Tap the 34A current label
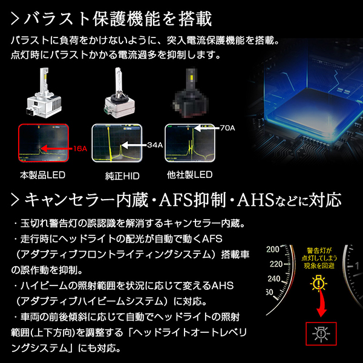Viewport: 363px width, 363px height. pyautogui.click(x=155, y=145)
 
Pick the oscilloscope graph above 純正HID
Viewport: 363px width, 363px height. pyautogui.click(x=111, y=143)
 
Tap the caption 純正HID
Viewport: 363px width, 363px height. pyautogui.click(x=113, y=177)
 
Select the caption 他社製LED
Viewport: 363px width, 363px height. pyautogui.click(x=189, y=175)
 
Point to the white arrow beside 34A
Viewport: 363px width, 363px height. pyautogui.click(x=132, y=145)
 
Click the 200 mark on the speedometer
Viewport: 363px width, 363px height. pyautogui.click(x=272, y=249)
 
